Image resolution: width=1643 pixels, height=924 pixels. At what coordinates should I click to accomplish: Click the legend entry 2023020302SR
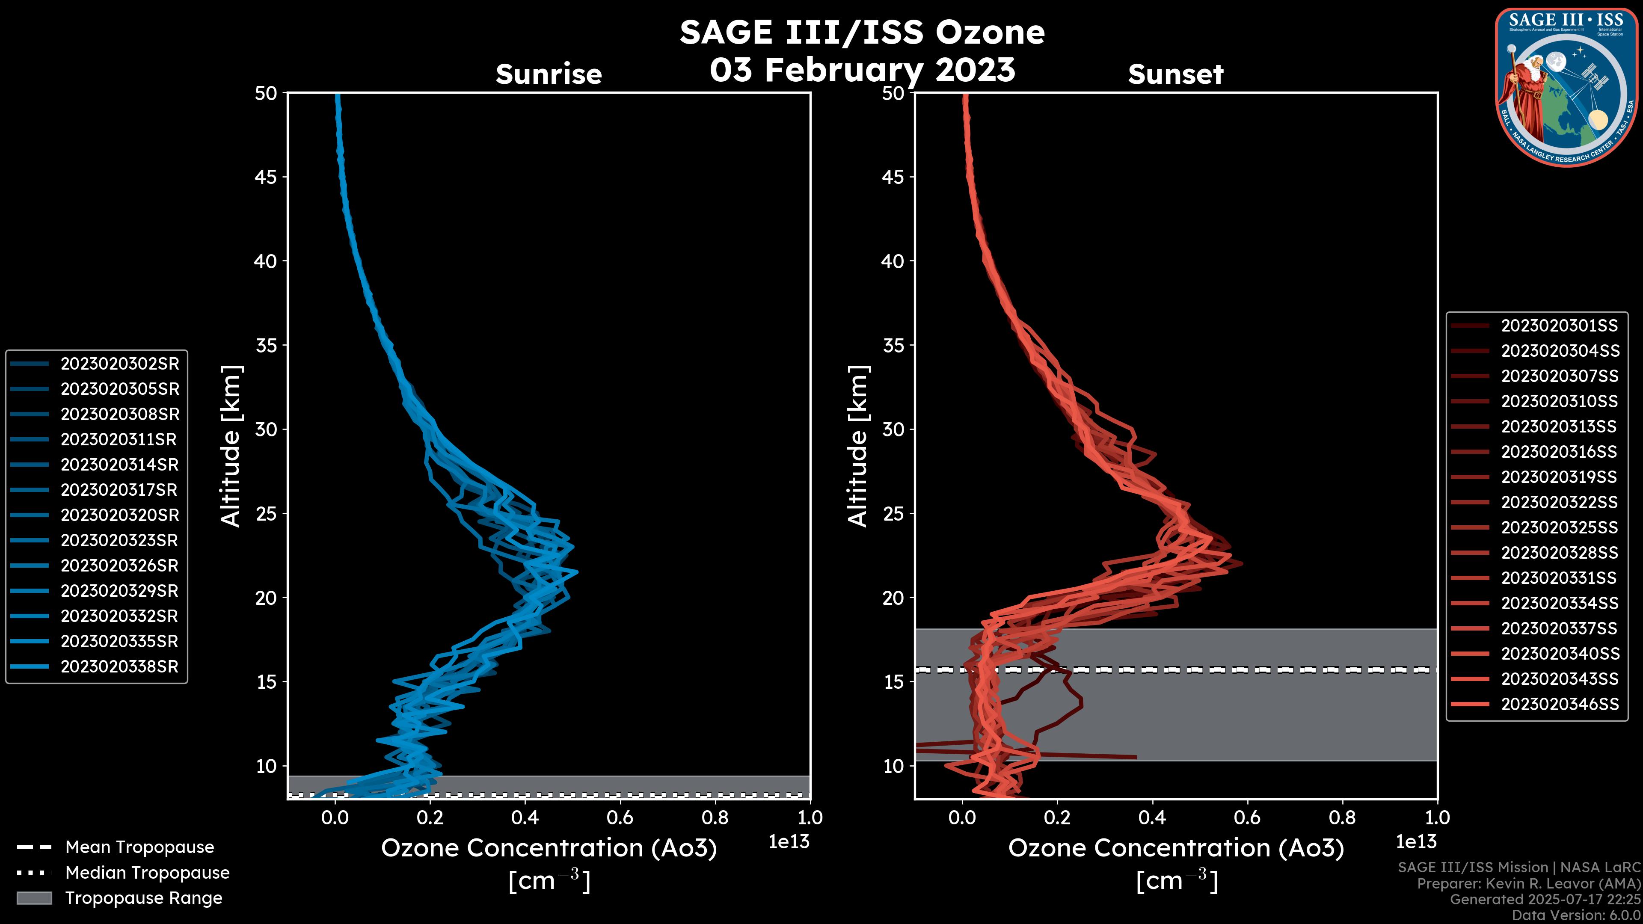[x=119, y=364]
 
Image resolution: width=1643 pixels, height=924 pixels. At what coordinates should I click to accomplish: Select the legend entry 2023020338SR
[x=119, y=667]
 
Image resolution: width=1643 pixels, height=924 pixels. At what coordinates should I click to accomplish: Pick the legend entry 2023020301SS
[x=1559, y=326]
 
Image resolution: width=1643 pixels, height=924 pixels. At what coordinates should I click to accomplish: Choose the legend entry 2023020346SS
[x=1559, y=704]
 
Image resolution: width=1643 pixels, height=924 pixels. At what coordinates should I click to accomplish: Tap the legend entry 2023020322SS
[x=1559, y=503]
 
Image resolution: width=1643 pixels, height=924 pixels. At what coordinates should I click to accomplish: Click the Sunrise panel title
[x=549, y=74]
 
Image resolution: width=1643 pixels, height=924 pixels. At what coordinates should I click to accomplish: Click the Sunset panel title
[x=1175, y=74]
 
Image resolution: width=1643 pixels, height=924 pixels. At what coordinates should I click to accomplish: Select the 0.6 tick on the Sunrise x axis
[x=620, y=817]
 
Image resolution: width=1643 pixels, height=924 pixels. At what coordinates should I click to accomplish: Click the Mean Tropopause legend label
[x=139, y=847]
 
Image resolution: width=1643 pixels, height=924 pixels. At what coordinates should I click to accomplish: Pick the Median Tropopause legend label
[x=147, y=873]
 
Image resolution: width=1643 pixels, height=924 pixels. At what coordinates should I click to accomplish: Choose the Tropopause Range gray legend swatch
[x=34, y=898]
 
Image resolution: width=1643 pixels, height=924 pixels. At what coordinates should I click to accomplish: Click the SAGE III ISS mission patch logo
[x=1565, y=87]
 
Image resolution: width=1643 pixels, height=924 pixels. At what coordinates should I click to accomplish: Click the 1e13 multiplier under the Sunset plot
[x=1416, y=842]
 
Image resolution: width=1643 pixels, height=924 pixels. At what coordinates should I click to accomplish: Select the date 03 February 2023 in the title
[x=862, y=69]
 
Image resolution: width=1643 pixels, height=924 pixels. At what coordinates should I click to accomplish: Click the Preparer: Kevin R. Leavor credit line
[x=1528, y=884]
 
